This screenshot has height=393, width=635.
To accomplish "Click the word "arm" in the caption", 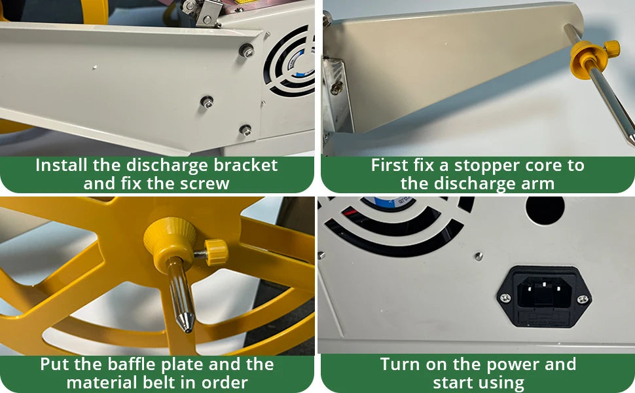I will [x=539, y=183].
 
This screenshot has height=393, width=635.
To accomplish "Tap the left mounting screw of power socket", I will [x=505, y=299].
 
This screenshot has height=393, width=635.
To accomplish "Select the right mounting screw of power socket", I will [x=582, y=299].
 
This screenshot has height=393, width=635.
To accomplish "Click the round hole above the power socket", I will [x=545, y=210].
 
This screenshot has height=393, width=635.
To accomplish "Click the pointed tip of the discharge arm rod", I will [x=630, y=140].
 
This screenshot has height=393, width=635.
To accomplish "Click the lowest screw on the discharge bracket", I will [x=245, y=130].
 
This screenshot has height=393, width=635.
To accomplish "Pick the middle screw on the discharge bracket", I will [x=207, y=102].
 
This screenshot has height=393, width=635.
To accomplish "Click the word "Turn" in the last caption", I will [x=400, y=364].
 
